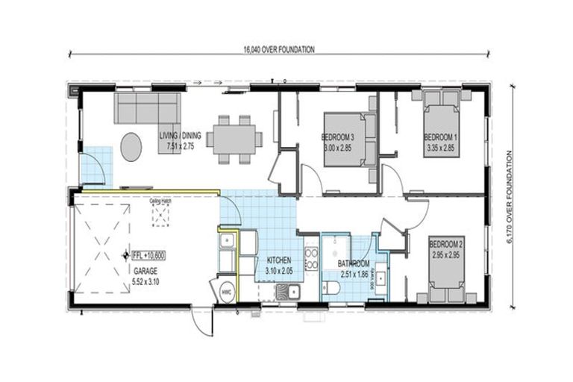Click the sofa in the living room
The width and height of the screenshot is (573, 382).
146,108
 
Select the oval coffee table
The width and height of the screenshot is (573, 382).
131,147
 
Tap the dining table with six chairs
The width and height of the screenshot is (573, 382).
234,138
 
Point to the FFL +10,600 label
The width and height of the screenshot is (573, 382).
148,255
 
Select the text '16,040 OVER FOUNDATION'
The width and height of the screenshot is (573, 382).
278,49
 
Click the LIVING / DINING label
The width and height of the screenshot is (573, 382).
180,137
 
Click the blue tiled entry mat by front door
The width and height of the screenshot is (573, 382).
95,165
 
